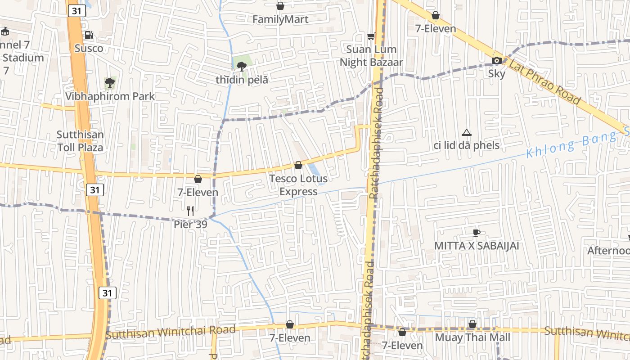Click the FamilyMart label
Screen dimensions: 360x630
[280, 19]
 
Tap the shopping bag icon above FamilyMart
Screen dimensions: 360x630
[280, 6]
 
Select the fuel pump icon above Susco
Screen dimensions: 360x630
[89, 35]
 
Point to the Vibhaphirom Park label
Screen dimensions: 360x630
[110, 96]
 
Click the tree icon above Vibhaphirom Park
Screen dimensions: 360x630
[109, 82]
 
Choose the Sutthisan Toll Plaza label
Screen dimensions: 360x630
[80, 141]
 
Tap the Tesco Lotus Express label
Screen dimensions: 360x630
[298, 185]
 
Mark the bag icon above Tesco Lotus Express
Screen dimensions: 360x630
[298, 165]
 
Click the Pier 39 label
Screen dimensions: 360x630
[190, 224]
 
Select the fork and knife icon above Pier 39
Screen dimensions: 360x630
[190, 210]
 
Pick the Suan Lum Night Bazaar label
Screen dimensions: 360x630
[371, 56]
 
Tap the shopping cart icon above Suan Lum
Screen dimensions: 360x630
[371, 36]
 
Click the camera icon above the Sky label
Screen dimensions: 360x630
[496, 60]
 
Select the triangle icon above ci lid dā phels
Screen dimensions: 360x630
[467, 132]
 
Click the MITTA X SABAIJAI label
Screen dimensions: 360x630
[477, 246]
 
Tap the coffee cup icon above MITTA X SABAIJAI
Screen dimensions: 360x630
[476, 233]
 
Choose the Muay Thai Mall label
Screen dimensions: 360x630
[472, 337]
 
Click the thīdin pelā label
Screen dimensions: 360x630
[242, 80]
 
